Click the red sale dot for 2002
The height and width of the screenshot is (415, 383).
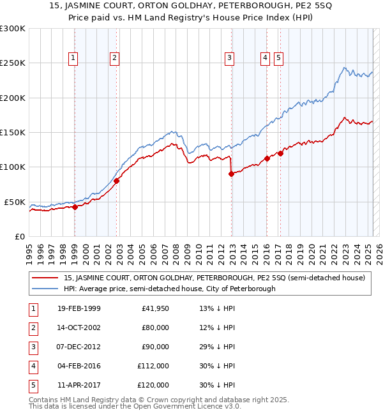pos(117,181)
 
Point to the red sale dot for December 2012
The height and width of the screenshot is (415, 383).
pos(232,174)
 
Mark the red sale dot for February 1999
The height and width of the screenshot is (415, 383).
pos(75,207)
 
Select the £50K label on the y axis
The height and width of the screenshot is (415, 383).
pos(15,202)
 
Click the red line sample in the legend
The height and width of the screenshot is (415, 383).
pos(45,278)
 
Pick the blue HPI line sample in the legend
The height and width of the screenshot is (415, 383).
pos(45,289)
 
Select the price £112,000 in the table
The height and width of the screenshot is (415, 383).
pos(153,366)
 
